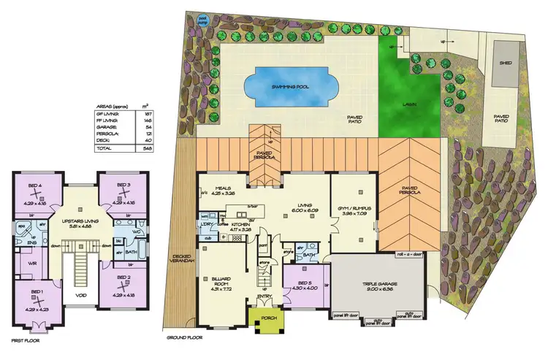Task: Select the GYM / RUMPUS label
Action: point(353,208)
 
